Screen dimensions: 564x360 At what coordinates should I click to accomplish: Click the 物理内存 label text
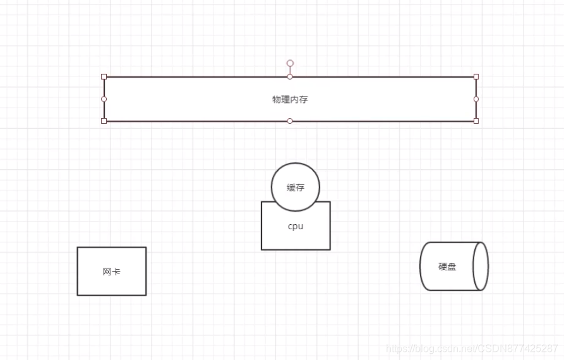click(290, 99)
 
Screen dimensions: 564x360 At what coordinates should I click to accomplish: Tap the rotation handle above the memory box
click(290, 63)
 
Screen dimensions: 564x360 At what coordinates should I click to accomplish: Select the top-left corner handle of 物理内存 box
click(104, 76)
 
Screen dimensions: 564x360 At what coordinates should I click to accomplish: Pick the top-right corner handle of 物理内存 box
click(476, 76)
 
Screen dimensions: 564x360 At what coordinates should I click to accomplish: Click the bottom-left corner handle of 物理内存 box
click(104, 121)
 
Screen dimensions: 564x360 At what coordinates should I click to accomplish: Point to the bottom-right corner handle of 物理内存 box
click(476, 121)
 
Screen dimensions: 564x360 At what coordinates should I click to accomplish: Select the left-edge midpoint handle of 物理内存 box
click(104, 99)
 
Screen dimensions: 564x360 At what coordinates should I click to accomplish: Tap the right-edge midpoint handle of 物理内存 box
click(476, 99)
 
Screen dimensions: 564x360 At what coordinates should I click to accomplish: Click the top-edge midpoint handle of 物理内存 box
click(290, 76)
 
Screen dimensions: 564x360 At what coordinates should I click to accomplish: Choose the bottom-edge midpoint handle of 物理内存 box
click(290, 121)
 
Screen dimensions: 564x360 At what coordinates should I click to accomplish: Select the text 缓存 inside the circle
click(296, 188)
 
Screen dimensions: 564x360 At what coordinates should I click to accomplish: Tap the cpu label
click(296, 226)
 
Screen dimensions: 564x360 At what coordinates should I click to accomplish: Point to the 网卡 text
click(112, 272)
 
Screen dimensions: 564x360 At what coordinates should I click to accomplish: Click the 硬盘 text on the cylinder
click(447, 267)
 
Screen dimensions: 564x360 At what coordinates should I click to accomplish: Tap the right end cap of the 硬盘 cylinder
click(481, 266)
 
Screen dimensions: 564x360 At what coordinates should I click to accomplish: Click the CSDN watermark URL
click(472, 348)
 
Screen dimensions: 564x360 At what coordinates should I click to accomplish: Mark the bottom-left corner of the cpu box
click(261, 249)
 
